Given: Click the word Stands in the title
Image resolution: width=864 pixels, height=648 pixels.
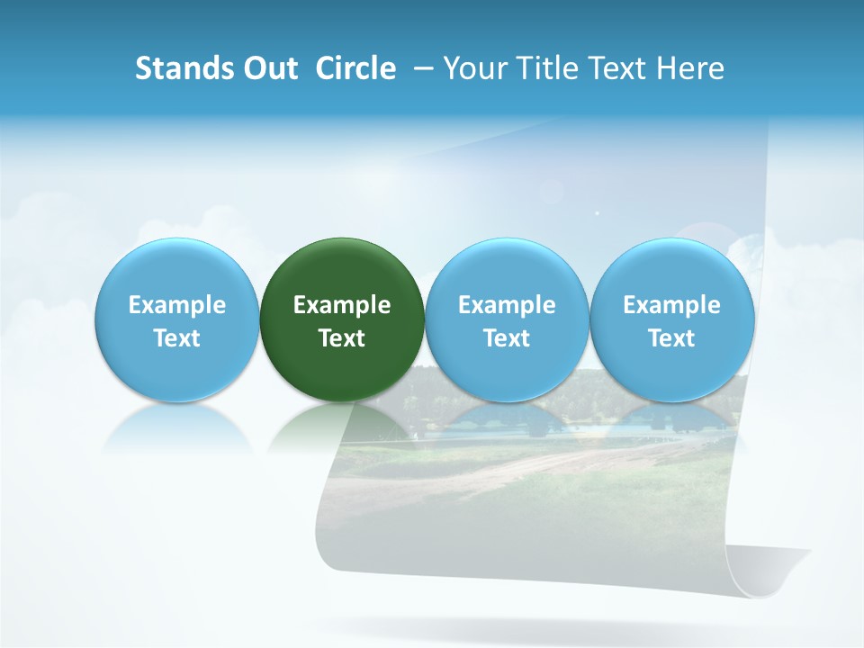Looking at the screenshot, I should [x=183, y=68].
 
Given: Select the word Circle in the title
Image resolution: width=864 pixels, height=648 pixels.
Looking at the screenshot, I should [x=355, y=68].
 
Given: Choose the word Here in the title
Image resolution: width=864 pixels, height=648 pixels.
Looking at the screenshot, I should [x=692, y=68].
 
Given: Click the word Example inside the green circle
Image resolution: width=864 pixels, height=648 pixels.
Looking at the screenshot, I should [x=342, y=305].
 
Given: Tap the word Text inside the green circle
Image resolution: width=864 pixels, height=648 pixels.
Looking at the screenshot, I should [x=342, y=338].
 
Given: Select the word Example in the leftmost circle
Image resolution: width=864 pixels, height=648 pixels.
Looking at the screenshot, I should [x=176, y=305].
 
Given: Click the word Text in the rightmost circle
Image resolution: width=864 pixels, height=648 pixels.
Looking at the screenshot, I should [x=671, y=338].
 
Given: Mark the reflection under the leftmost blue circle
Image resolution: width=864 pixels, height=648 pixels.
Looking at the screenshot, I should [x=176, y=427].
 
